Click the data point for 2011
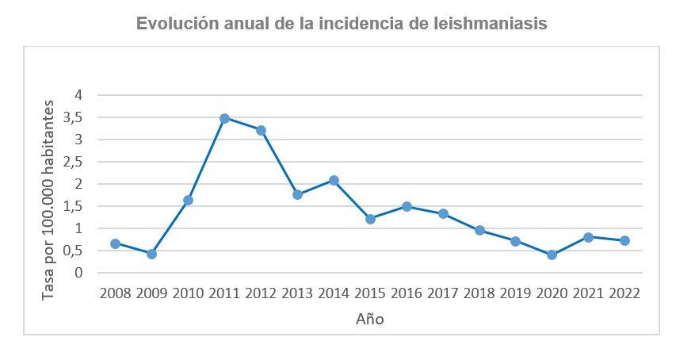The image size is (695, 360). [x=224, y=118]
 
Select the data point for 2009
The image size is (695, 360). [x=151, y=254]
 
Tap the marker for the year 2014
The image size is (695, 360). [x=334, y=180]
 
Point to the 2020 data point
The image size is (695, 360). [x=552, y=255]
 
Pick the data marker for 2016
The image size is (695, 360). [x=407, y=206]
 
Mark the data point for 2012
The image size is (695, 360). [x=261, y=130]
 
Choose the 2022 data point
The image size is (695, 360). [x=624, y=240]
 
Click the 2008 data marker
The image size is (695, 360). [x=115, y=243]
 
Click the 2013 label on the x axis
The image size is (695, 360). [x=297, y=293]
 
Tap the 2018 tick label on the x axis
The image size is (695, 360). [x=479, y=293]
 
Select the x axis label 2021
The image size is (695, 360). [x=588, y=293]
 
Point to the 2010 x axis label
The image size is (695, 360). [x=188, y=293]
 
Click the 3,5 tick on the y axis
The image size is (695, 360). [x=83, y=117]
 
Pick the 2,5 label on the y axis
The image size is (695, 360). [x=83, y=162]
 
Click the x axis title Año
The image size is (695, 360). [x=369, y=319]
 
